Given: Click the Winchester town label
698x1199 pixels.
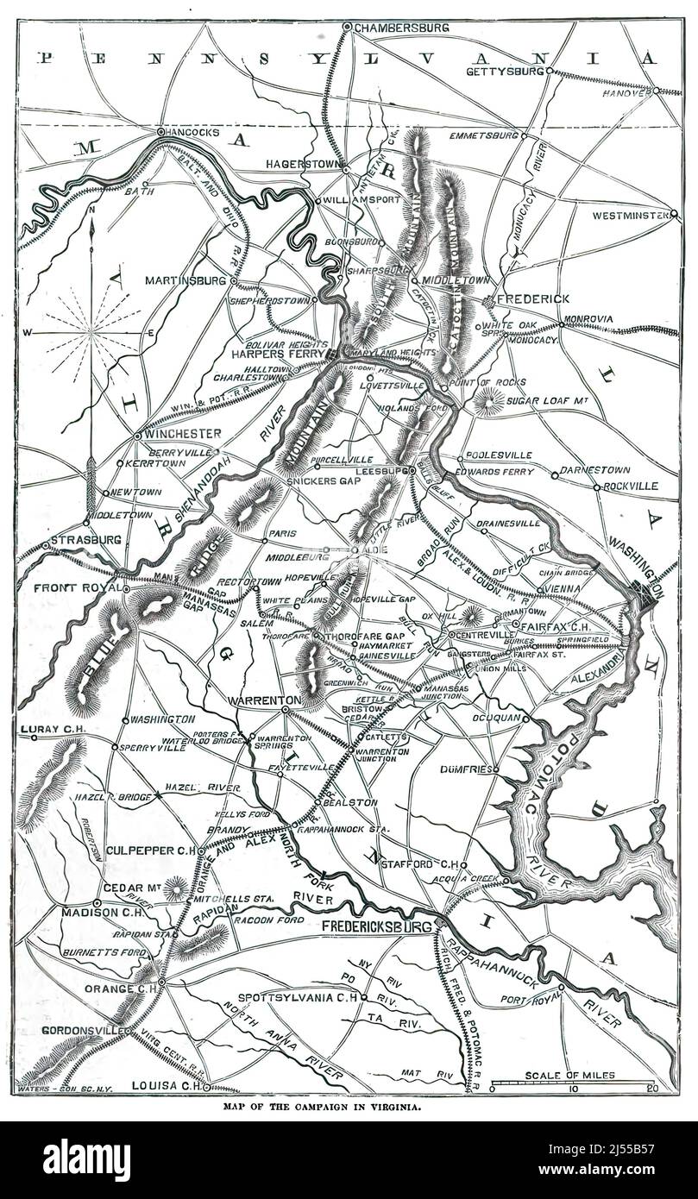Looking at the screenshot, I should pos(183,433).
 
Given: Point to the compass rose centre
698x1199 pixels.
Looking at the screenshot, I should pos(92,331).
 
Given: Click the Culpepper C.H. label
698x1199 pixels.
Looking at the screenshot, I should pos(152,851).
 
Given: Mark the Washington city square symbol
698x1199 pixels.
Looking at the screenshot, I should pos(643,593).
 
